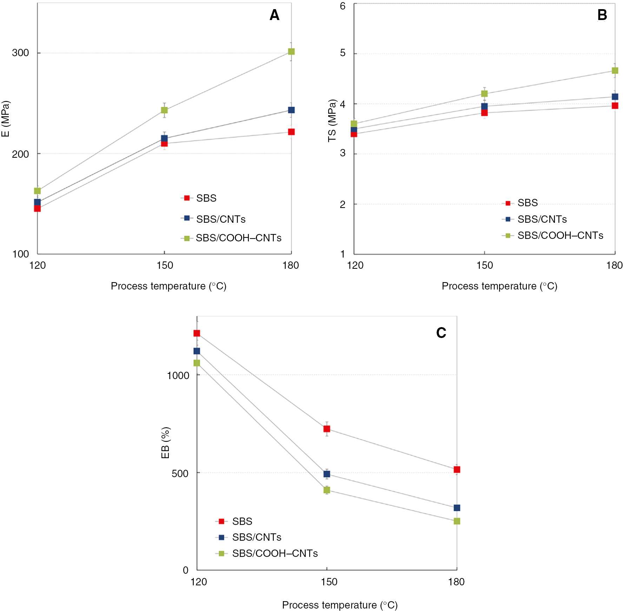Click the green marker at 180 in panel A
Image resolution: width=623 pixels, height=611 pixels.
point(291,52)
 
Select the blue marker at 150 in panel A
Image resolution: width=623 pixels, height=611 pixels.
point(164,138)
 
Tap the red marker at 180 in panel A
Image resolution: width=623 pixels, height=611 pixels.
point(291,132)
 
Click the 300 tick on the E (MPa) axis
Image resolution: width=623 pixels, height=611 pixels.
point(20,53)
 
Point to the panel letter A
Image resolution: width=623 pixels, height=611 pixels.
point(274,15)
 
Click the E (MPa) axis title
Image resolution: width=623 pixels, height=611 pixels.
point(6,119)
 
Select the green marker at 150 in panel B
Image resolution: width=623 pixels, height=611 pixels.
point(484,93)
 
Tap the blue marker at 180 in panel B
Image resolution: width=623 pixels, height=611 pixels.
point(615,97)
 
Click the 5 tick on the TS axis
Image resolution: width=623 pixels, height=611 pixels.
point(343,53)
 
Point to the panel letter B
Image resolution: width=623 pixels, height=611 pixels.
point(602,15)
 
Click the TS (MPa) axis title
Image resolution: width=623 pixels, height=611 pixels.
point(332,121)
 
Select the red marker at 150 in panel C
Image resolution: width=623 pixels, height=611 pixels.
point(327,429)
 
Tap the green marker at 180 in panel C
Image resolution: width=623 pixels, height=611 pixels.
point(457,521)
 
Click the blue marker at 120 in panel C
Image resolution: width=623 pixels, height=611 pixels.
point(197,351)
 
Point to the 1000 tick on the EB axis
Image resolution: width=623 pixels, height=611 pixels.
point(178,375)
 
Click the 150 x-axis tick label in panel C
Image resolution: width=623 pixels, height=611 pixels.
point(329,582)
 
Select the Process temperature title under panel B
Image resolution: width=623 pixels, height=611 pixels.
point(499,286)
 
